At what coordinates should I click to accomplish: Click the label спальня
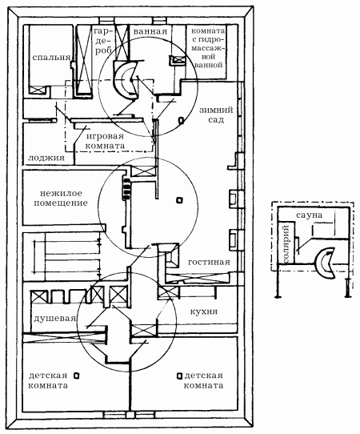[x=51, y=58]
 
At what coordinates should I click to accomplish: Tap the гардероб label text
[x=103, y=41]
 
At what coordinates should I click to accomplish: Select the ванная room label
[x=150, y=31]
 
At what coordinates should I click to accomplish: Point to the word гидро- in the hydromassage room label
[x=210, y=39]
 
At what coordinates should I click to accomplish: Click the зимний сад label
[x=216, y=115]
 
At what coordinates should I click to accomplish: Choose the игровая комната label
[x=105, y=141]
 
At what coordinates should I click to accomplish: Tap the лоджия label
[x=46, y=158]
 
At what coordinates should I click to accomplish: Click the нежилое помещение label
[x=61, y=198]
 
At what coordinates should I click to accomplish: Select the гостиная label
[x=209, y=262]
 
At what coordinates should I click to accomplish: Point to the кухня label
[x=204, y=311]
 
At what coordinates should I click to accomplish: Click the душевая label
[x=54, y=318]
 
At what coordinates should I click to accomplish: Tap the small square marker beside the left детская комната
[x=77, y=376]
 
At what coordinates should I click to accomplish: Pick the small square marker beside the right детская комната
[x=180, y=376]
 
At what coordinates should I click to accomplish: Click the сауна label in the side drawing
[x=309, y=215]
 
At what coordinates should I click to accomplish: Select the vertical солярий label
[x=286, y=244]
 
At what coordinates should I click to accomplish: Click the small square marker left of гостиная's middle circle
[x=180, y=200]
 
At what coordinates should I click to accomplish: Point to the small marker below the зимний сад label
[x=181, y=120]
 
